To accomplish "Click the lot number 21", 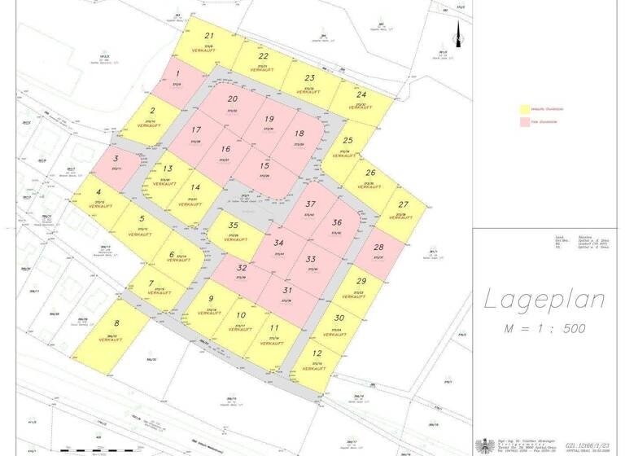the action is click(209, 36).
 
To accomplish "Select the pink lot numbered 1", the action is click(177, 78).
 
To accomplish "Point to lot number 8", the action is click(116, 323).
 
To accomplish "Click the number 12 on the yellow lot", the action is click(317, 353).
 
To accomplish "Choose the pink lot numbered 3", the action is click(116, 161).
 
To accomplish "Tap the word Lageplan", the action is click(545, 300).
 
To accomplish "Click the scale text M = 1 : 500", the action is click(546, 328).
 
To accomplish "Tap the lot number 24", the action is click(361, 94).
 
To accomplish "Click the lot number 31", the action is click(287, 290).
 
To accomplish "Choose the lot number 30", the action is click(339, 318).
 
